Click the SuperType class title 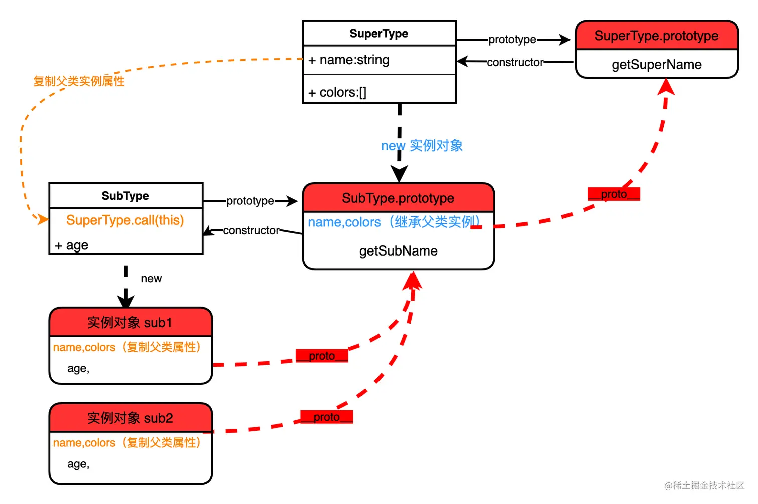pyautogui.click(x=379, y=34)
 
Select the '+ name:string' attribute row pyautogui.click(x=349, y=60)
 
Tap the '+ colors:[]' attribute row pyautogui.click(x=337, y=93)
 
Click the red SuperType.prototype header pyautogui.click(x=656, y=36)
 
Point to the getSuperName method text pyautogui.click(x=657, y=65)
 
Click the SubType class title pyautogui.click(x=125, y=196)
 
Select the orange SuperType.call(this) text pyautogui.click(x=125, y=220)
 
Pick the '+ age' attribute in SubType pyautogui.click(x=72, y=245)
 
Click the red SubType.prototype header pyautogui.click(x=398, y=198)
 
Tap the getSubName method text pyautogui.click(x=399, y=251)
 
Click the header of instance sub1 pyautogui.click(x=130, y=323)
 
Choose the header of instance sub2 pyautogui.click(x=130, y=418)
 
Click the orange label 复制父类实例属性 pyautogui.click(x=79, y=81)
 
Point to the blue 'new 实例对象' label pyautogui.click(x=422, y=146)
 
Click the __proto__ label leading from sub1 pyautogui.click(x=322, y=356)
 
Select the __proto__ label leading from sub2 pyautogui.click(x=327, y=417)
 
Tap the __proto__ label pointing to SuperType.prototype pyautogui.click(x=614, y=194)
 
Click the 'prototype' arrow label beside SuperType pyautogui.click(x=512, y=40)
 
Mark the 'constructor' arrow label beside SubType pyautogui.click(x=251, y=230)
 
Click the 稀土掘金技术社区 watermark pyautogui.click(x=705, y=485)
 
